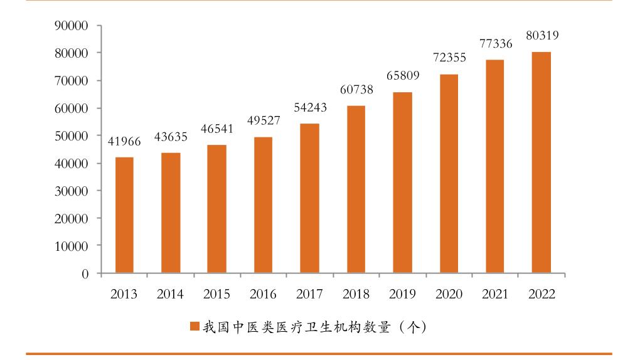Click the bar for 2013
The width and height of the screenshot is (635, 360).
click(124, 215)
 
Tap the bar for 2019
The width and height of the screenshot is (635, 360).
click(402, 183)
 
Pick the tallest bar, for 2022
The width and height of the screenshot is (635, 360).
click(541, 162)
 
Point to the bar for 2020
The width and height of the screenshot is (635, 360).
click(449, 174)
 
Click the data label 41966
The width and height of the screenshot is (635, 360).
click(124, 142)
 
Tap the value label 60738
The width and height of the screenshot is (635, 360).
click(356, 90)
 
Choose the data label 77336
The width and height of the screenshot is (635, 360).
click(495, 44)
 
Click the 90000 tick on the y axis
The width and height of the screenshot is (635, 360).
click(70, 26)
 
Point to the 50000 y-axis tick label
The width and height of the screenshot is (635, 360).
click(70, 135)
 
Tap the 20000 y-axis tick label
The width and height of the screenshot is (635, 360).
click(70, 218)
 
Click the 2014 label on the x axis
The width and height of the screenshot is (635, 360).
click(170, 294)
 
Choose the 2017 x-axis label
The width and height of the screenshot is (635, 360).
click(309, 294)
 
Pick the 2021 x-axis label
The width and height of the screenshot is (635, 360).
click(495, 294)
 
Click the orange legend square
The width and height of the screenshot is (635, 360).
click(195, 327)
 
